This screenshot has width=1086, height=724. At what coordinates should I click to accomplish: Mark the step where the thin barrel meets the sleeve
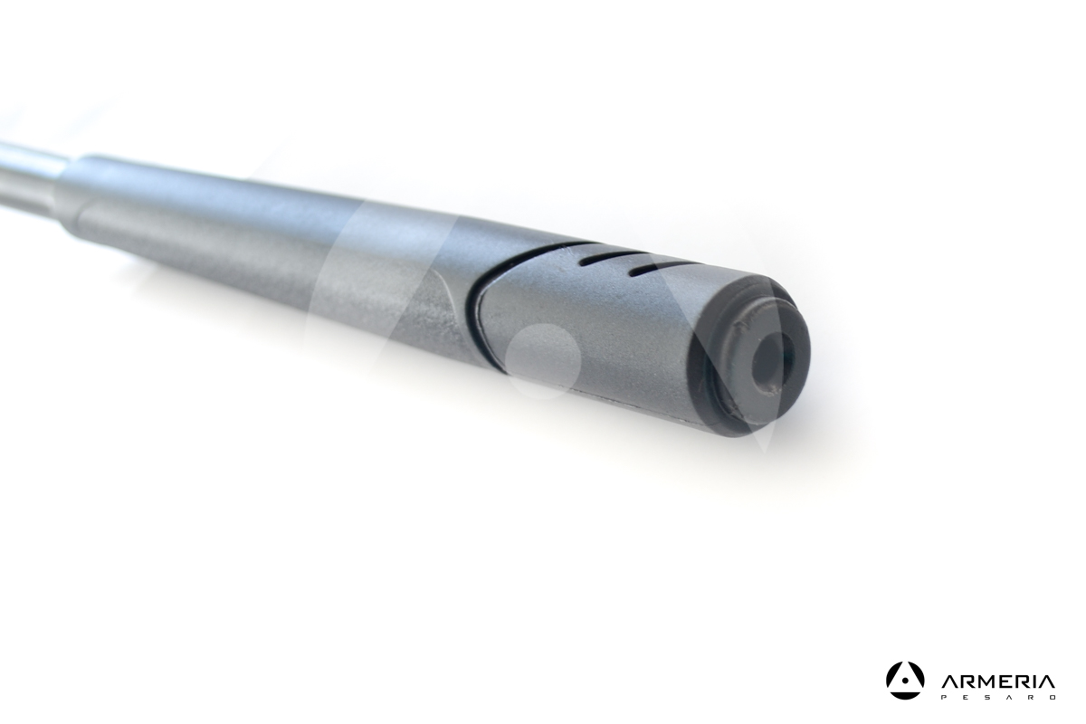[x=72, y=185]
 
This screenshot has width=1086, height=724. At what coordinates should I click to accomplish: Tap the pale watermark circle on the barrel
[x=543, y=361]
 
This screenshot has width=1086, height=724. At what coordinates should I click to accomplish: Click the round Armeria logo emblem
[x=905, y=681]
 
